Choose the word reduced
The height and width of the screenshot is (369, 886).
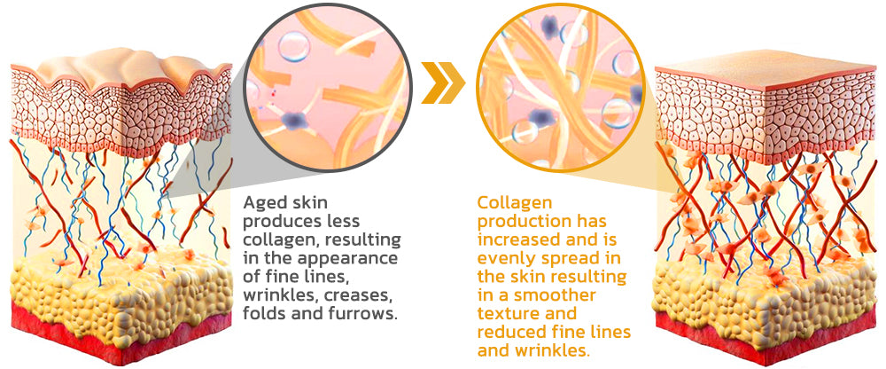coord(511,332)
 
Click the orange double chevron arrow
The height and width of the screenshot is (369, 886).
coord(443,82)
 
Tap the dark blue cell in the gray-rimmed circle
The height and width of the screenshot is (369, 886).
coord(292,120)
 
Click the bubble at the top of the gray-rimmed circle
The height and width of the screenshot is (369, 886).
coord(294,46)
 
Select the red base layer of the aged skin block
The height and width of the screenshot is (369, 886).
coord(121,334)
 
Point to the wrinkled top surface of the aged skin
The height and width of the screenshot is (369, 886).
coord(121,69)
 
